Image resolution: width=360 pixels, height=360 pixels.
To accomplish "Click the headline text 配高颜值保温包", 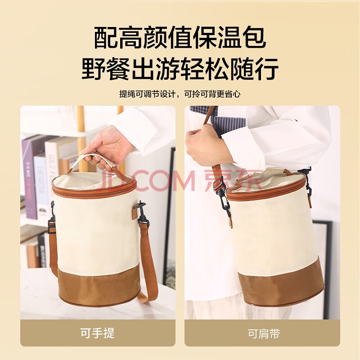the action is tap(180, 38).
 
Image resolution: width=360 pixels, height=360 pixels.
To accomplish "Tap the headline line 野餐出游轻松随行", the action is tap(180, 69).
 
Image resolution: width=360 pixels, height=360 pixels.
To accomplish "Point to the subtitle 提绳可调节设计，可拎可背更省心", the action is tap(180, 94).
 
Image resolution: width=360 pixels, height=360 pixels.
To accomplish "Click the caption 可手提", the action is tap(97, 333).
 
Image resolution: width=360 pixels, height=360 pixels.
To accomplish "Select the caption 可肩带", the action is tap(264, 333).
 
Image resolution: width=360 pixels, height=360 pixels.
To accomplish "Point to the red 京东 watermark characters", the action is tap(233, 180).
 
